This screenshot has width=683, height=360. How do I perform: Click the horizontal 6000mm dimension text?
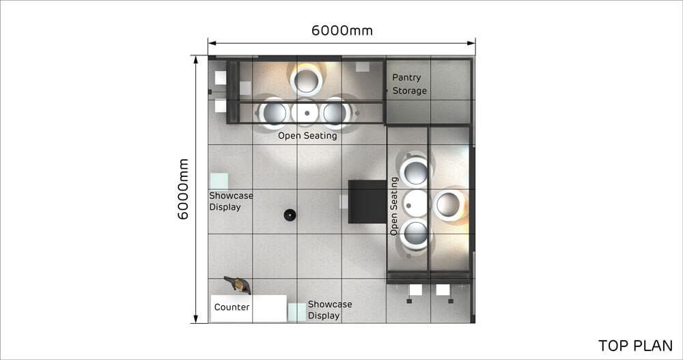pos(342,31)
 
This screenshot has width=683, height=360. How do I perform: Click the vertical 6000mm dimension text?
pos(183,189)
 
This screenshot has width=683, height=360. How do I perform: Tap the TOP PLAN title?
pos(635,346)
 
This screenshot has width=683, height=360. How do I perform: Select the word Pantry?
pos(406,78)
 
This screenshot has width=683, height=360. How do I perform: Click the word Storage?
pos(409,91)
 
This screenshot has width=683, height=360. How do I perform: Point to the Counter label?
pos(232,307)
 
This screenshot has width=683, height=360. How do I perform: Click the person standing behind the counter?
pos(238,285)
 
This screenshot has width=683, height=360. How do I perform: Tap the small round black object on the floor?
pos(290,214)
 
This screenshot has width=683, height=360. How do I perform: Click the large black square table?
pos(367,202)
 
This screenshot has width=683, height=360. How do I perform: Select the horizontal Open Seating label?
pos(307,135)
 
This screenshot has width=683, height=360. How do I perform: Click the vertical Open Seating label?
pos(394,206)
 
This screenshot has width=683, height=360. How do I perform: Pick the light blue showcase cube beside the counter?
pos(296,312)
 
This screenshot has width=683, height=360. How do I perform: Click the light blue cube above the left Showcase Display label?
pos(219,181)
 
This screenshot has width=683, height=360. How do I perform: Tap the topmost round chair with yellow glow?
pos(306,79)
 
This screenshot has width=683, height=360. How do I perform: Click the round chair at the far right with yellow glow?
pos(449,204)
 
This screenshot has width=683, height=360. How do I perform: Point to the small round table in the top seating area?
pos(307,113)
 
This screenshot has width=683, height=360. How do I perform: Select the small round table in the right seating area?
pos(415,204)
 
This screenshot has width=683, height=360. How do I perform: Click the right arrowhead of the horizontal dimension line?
pos(471,43)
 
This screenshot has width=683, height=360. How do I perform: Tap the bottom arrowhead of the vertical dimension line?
pos(196,319)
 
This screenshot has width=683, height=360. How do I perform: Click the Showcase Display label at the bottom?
pos(330,310)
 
